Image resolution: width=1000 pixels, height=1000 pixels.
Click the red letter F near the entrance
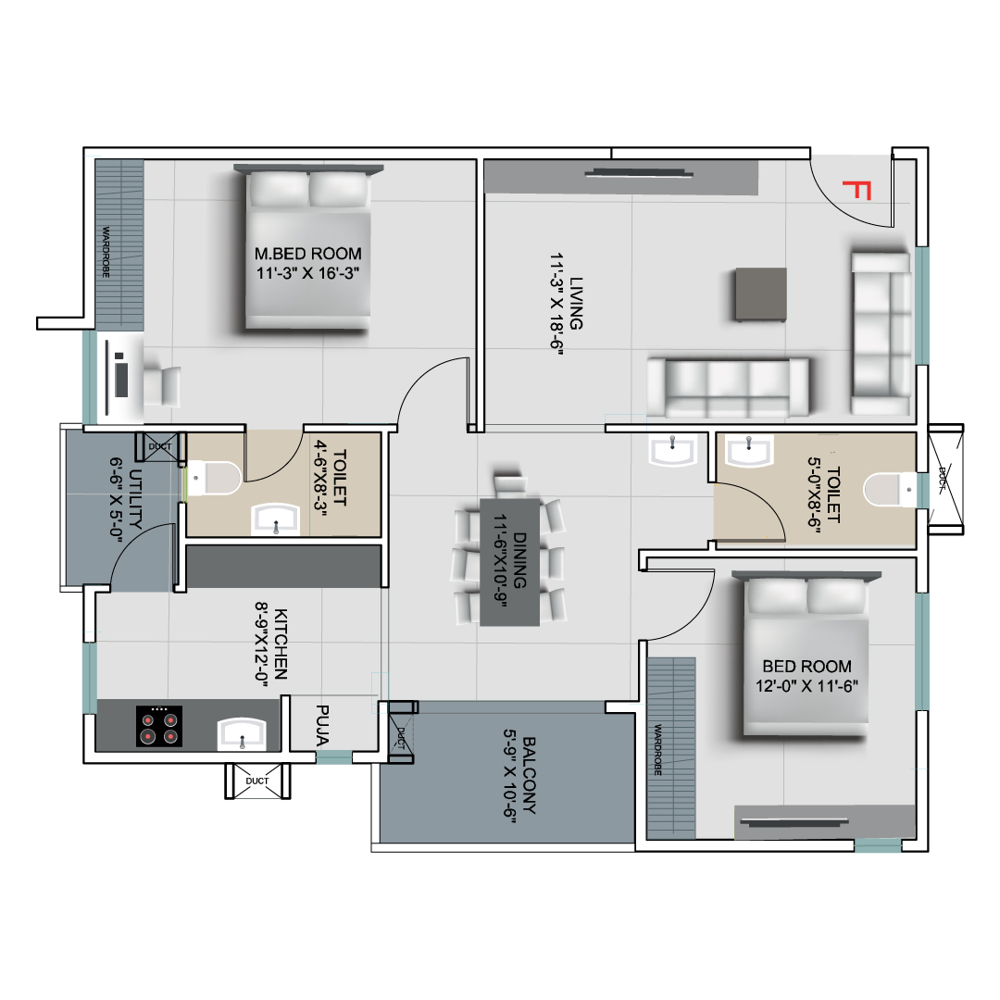[856, 190]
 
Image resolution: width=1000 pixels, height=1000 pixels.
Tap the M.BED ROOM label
[308, 254]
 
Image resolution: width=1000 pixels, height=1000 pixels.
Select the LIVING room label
[576, 303]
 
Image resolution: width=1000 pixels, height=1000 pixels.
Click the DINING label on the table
[519, 560]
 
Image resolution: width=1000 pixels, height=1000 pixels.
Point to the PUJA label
[322, 725]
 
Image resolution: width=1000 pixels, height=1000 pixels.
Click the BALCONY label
[529, 776]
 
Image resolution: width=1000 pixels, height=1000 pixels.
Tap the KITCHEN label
[280, 644]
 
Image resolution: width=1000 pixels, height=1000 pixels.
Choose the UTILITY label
[135, 499]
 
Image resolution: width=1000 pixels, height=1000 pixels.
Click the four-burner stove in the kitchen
[159, 726]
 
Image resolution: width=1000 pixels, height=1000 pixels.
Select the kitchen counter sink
[242, 733]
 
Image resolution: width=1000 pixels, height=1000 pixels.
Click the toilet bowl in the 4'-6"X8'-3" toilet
[214, 478]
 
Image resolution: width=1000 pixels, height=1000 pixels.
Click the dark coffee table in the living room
[761, 294]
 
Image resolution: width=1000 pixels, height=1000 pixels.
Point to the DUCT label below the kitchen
[257, 781]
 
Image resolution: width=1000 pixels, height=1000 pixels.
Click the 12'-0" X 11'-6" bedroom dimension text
[806, 686]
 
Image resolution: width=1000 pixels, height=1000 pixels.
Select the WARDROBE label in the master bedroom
[106, 251]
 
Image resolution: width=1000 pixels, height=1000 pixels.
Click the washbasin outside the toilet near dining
[673, 449]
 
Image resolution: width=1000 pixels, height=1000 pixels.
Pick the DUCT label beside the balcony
[401, 738]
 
